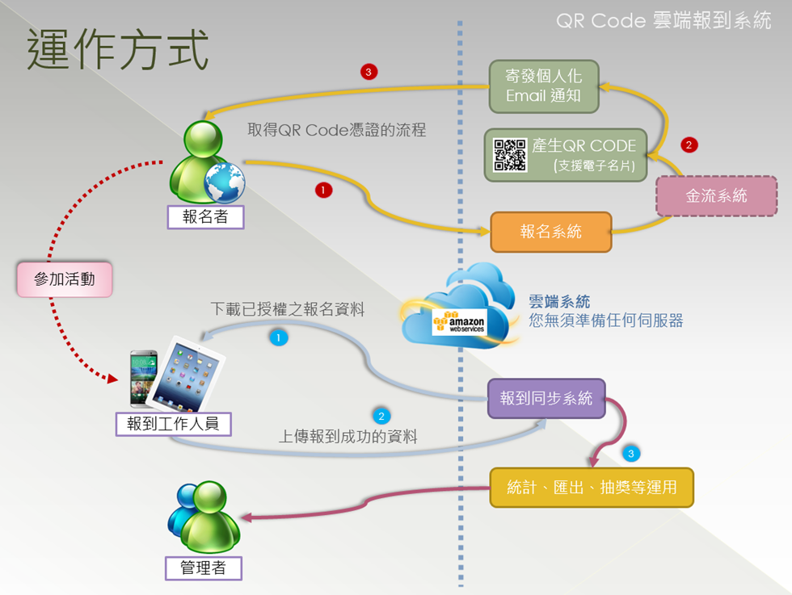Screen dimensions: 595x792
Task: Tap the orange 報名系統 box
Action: tap(550, 232)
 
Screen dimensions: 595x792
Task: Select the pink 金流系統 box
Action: tap(716, 195)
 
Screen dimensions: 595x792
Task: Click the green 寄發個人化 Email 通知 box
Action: tap(543, 86)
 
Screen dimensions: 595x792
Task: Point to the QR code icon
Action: tap(510, 155)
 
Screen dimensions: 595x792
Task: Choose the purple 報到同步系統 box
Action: tap(546, 398)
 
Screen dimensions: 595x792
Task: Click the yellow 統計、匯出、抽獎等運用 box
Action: tap(592, 487)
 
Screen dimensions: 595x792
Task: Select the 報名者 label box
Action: tap(205, 216)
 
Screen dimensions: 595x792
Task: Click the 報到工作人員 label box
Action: tap(173, 423)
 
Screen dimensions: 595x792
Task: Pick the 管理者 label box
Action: tap(202, 568)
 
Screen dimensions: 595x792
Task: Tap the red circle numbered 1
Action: tap(323, 191)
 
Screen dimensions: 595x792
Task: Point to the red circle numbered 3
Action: tap(369, 73)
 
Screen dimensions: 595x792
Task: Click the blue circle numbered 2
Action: tap(381, 417)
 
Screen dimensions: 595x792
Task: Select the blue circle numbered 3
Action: tap(631, 454)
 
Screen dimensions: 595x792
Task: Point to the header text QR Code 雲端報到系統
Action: tap(664, 21)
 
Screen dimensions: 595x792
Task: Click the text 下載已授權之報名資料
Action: tap(288, 308)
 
